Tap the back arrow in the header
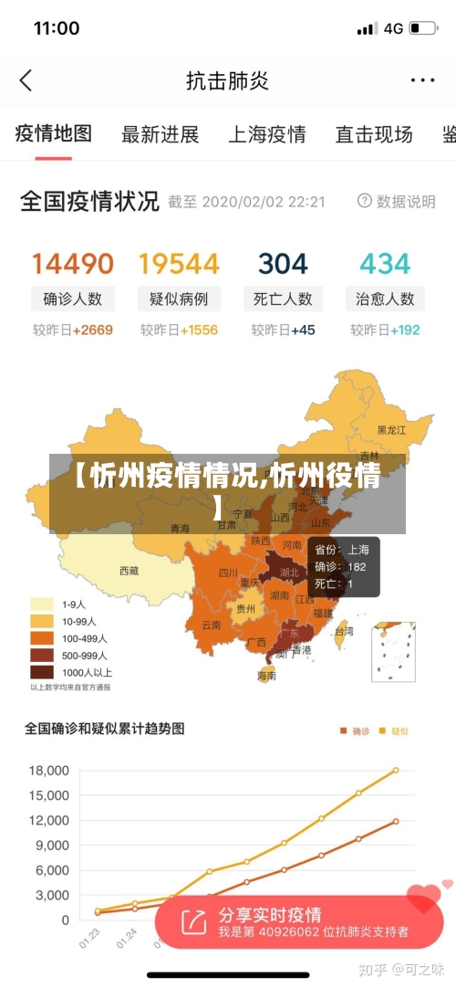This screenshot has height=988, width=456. tap(26, 80)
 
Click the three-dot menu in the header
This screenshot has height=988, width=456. tap(422, 80)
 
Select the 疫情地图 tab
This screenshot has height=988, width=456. tap(54, 133)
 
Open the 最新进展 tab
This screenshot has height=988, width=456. tap(161, 134)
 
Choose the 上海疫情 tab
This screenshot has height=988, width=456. tap(266, 134)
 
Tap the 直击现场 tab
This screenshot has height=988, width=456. tap(374, 134)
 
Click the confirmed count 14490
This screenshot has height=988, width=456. tap(73, 264)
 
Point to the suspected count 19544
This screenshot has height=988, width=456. tap(179, 264)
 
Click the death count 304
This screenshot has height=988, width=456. tap(283, 264)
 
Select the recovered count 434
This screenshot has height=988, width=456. tap(385, 264)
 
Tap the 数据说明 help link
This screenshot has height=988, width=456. tap(397, 201)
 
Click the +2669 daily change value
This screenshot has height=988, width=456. tap(93, 330)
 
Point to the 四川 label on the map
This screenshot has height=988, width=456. tap(228, 573)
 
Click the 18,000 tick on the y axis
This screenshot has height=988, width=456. tap(50, 771)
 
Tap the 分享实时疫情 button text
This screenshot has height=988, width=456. tap(270, 915)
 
